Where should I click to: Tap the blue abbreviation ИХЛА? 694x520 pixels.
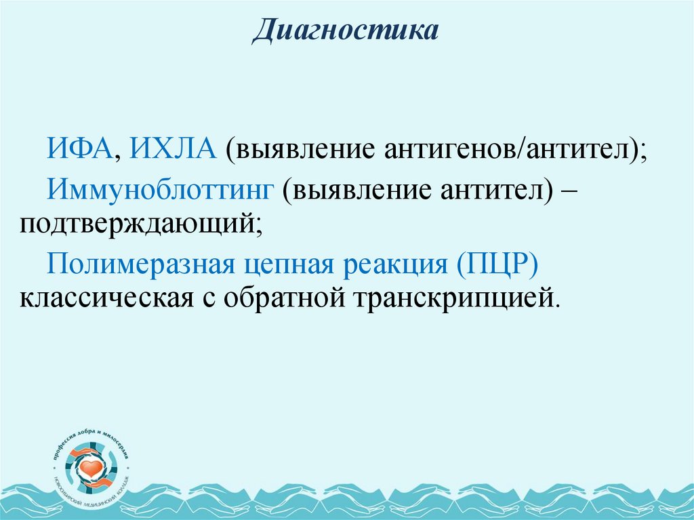click(x=174, y=147)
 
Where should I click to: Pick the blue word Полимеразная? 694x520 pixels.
click(x=138, y=263)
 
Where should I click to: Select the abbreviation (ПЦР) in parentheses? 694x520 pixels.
click(x=497, y=263)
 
